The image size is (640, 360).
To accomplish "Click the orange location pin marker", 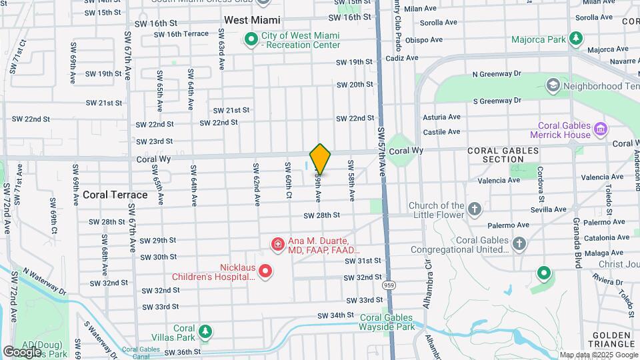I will pos(320,159).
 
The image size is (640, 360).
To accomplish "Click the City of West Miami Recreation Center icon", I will pos(251,39).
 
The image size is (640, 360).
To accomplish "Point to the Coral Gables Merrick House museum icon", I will pos(600,129).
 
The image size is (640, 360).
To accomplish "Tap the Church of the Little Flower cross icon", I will pos(475,209).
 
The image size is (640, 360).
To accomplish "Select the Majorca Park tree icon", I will pos(575,39).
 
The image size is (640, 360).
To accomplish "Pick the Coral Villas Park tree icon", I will pos(205,331).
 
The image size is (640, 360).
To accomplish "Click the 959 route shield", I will pos(387,285).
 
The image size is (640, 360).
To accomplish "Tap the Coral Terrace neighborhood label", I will pos(115,195).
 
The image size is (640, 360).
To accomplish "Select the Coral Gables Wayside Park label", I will pos(387,322).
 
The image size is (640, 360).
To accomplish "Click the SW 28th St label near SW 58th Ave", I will pos(322,215).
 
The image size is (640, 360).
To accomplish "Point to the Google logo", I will pos(22,351).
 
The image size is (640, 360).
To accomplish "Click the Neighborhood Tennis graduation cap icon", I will pos(553,85).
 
